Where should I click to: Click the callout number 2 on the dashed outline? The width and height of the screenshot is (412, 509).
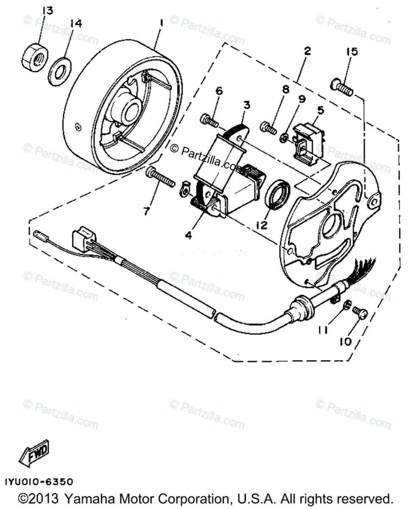point(307,52)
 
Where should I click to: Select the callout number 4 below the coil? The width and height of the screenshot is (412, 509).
point(188,235)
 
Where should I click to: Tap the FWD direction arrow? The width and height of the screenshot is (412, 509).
point(34,453)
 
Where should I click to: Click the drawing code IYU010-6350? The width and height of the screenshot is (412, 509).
point(39,482)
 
